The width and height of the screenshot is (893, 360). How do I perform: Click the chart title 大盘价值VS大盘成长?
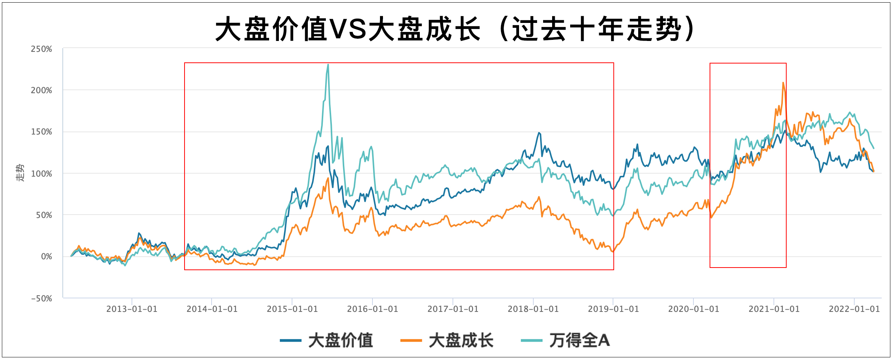coord(455,29)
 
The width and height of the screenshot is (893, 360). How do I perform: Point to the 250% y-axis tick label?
coord(41,49)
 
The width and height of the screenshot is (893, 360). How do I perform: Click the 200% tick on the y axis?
coord(41,91)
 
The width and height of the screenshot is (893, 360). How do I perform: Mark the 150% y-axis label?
coord(41,132)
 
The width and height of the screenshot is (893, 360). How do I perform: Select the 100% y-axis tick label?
coord(41,174)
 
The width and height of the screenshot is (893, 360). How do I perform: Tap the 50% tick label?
coord(44,215)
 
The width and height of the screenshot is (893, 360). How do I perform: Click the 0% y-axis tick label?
coord(46,257)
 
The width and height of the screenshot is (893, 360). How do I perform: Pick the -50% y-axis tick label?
coord(41,299)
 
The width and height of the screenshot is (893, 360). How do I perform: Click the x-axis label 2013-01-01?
coord(132,309)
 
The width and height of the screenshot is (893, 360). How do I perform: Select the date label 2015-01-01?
coord(292,309)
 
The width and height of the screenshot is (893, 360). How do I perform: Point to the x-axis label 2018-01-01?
coord(533,309)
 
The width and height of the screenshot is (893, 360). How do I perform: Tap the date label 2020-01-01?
coord(693,309)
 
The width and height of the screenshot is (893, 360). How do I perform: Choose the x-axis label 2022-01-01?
coord(854,309)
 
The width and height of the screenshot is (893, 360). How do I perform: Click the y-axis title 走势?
coord(20,172)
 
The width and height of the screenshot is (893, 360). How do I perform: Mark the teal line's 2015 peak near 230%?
coord(328,65)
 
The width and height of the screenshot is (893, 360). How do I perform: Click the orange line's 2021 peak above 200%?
coord(783,83)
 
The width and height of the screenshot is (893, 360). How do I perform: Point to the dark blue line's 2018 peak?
coord(539,133)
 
